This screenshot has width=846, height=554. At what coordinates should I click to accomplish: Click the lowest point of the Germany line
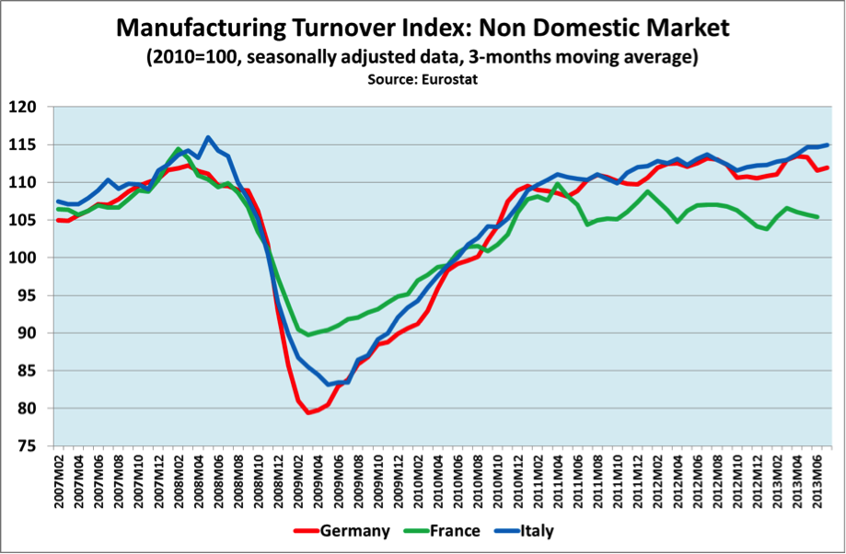[x=307, y=412]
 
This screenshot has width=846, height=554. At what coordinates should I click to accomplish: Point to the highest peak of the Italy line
[x=208, y=137]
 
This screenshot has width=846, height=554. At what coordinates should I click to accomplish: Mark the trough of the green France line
[x=308, y=334]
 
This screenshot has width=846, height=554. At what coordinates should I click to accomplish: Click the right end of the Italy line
[x=828, y=144]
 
